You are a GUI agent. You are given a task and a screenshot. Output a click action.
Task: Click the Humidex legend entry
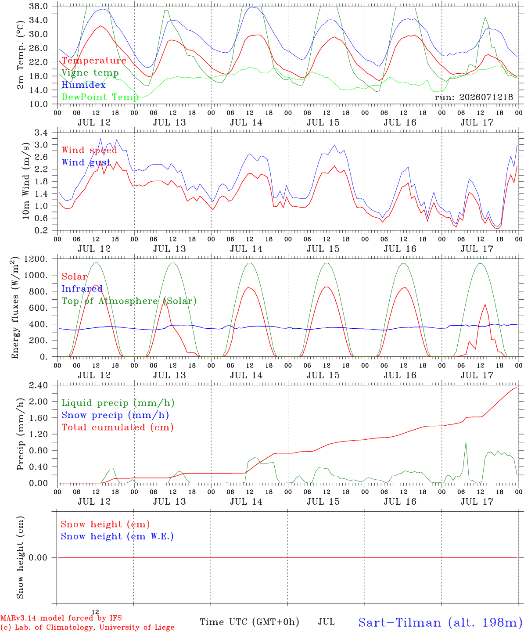point(83,85)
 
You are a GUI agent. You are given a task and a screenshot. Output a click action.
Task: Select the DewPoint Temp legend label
point(100,97)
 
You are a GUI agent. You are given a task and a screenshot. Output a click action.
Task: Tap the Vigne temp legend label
point(90,73)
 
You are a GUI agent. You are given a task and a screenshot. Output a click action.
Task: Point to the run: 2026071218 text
point(474,97)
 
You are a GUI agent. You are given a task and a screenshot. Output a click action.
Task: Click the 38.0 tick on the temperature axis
point(38,6)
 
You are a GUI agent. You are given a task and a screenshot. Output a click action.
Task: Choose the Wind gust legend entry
point(86,163)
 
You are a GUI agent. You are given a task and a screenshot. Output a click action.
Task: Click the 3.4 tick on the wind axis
point(41,133)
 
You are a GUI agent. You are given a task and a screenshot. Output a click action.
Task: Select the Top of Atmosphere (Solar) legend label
point(129,301)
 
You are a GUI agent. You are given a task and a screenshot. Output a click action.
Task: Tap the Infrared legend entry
point(82,289)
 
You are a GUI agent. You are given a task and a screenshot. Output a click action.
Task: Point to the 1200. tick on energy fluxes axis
point(36,259)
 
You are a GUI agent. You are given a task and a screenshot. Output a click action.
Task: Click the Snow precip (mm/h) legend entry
point(115,415)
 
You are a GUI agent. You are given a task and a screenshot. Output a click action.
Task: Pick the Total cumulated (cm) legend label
point(118,427)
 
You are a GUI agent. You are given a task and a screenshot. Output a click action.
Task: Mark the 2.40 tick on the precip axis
point(38,385)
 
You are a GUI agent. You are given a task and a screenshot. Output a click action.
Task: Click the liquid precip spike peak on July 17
point(466,442)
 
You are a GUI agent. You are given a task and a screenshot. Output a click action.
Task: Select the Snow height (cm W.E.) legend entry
point(117,536)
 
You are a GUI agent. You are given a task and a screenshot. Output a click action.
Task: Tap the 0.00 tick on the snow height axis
point(38,557)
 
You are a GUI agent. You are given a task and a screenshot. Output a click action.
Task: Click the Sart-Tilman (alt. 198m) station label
point(438,622)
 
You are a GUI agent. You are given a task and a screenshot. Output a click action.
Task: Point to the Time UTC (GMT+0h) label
point(249,622)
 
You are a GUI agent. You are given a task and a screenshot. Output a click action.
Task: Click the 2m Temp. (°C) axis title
point(20,55)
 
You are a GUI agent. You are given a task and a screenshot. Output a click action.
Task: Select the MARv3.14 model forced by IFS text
point(61,618)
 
